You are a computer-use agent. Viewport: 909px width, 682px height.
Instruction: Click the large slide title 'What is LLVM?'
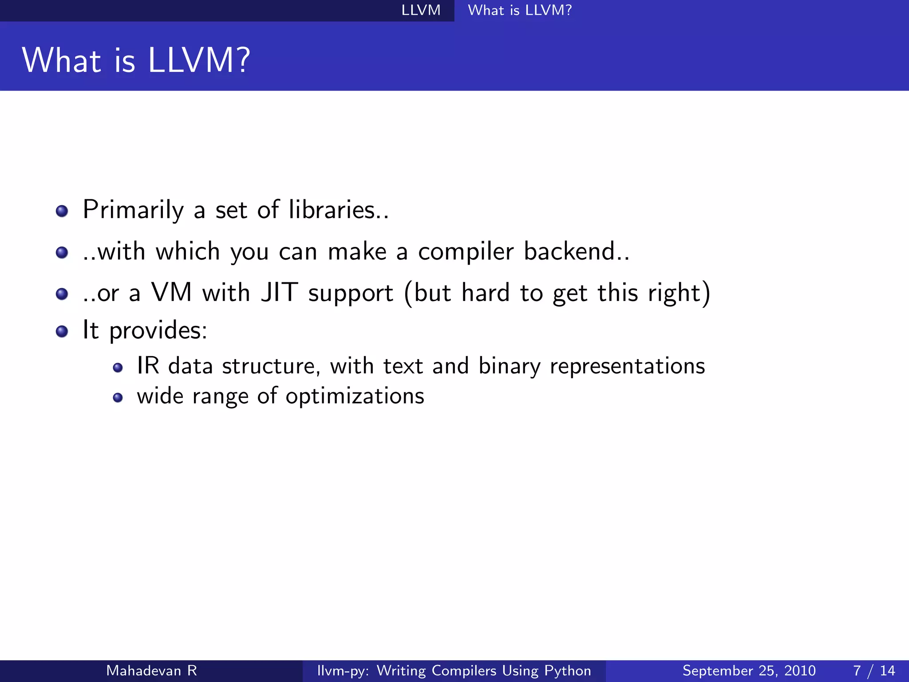136,60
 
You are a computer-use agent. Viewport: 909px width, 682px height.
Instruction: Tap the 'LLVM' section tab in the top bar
421,10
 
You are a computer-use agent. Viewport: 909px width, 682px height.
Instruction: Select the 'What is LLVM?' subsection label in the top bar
520,10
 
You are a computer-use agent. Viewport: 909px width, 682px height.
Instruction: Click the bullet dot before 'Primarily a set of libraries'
62,211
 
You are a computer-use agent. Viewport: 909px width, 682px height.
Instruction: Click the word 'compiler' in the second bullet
466,252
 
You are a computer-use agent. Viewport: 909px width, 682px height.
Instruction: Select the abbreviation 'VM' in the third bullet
171,293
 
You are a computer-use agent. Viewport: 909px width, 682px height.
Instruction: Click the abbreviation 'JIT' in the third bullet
279,293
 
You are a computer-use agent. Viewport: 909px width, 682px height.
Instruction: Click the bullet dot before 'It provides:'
62,331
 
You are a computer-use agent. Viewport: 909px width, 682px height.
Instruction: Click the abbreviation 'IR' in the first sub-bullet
148,366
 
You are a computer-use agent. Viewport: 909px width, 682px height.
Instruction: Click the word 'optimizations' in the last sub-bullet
355,397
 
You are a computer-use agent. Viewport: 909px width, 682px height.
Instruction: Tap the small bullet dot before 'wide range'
118,397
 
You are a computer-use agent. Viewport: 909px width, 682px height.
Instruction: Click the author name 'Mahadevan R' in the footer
151,670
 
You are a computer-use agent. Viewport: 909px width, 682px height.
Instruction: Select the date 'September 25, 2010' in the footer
749,670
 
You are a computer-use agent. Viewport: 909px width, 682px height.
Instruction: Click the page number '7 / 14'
873,670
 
